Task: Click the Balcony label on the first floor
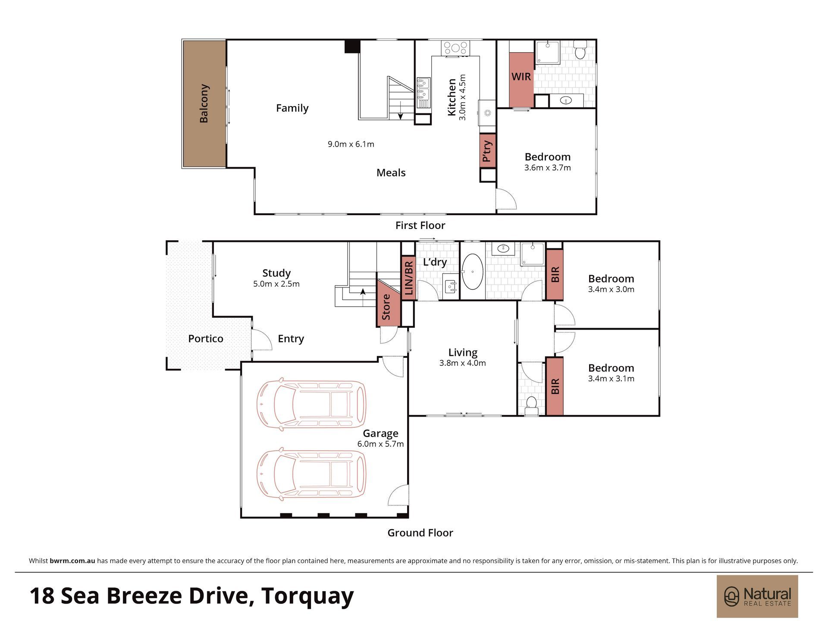tap(204, 103)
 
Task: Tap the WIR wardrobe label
tap(521, 77)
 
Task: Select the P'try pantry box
tap(488, 151)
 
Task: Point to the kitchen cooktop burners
tap(455, 47)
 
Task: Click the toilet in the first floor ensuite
tap(580, 50)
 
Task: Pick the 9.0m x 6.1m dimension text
tap(351, 144)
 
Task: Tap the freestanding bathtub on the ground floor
tap(473, 272)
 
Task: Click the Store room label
tap(386, 307)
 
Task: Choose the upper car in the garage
tap(311, 405)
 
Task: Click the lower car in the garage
tap(311, 474)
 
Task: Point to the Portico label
tap(206, 339)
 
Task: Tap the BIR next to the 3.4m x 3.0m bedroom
tap(555, 275)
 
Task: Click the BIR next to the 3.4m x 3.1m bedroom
tap(555, 386)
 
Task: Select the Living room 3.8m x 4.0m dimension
tap(463, 363)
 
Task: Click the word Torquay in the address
tap(307, 596)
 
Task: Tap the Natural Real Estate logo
tap(757, 596)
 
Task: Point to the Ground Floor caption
tap(420, 533)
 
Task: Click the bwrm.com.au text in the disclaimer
tap(72, 561)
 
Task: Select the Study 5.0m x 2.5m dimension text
tap(276, 284)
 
